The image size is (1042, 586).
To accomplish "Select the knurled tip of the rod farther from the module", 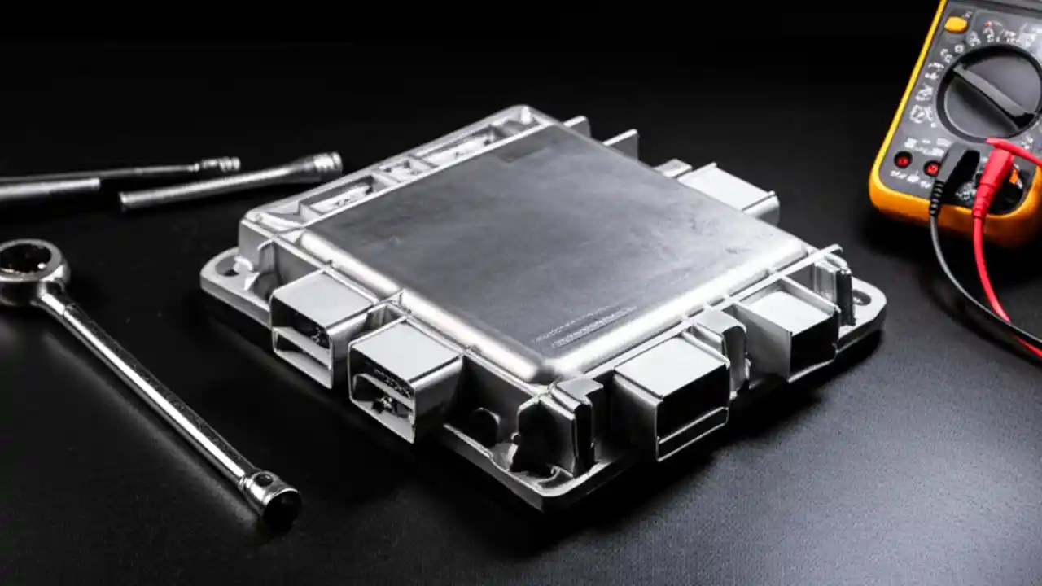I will click(x=221, y=165).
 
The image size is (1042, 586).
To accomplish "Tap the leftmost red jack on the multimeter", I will click(x=902, y=160).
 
